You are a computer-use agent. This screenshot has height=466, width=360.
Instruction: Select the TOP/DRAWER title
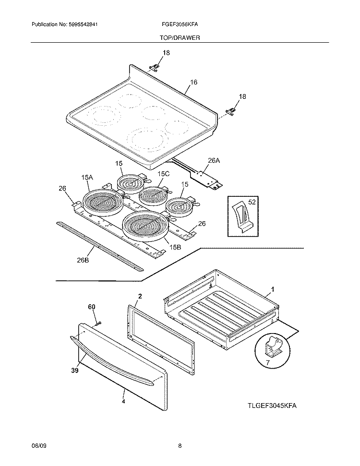180,37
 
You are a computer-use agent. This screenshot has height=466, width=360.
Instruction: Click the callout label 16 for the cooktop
193,82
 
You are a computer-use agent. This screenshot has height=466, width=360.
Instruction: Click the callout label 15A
87,178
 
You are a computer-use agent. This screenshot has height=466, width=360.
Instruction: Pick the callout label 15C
164,174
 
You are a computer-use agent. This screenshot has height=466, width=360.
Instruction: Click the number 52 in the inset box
252,203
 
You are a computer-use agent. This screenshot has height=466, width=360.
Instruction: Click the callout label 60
91,306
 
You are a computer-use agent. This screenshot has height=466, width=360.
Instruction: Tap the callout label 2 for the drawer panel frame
140,296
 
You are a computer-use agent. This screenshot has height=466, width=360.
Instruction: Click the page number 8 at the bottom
180,446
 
